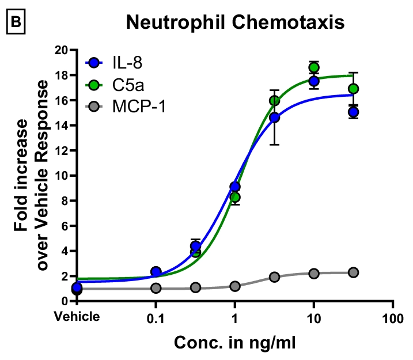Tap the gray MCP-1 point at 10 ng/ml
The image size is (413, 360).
click(314, 274)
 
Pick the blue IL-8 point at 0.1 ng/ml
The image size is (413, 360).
click(156, 271)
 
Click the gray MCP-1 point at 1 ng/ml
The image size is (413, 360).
click(234, 286)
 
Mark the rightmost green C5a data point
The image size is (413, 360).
click(353, 89)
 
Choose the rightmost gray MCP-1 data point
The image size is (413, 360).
click(353, 272)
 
